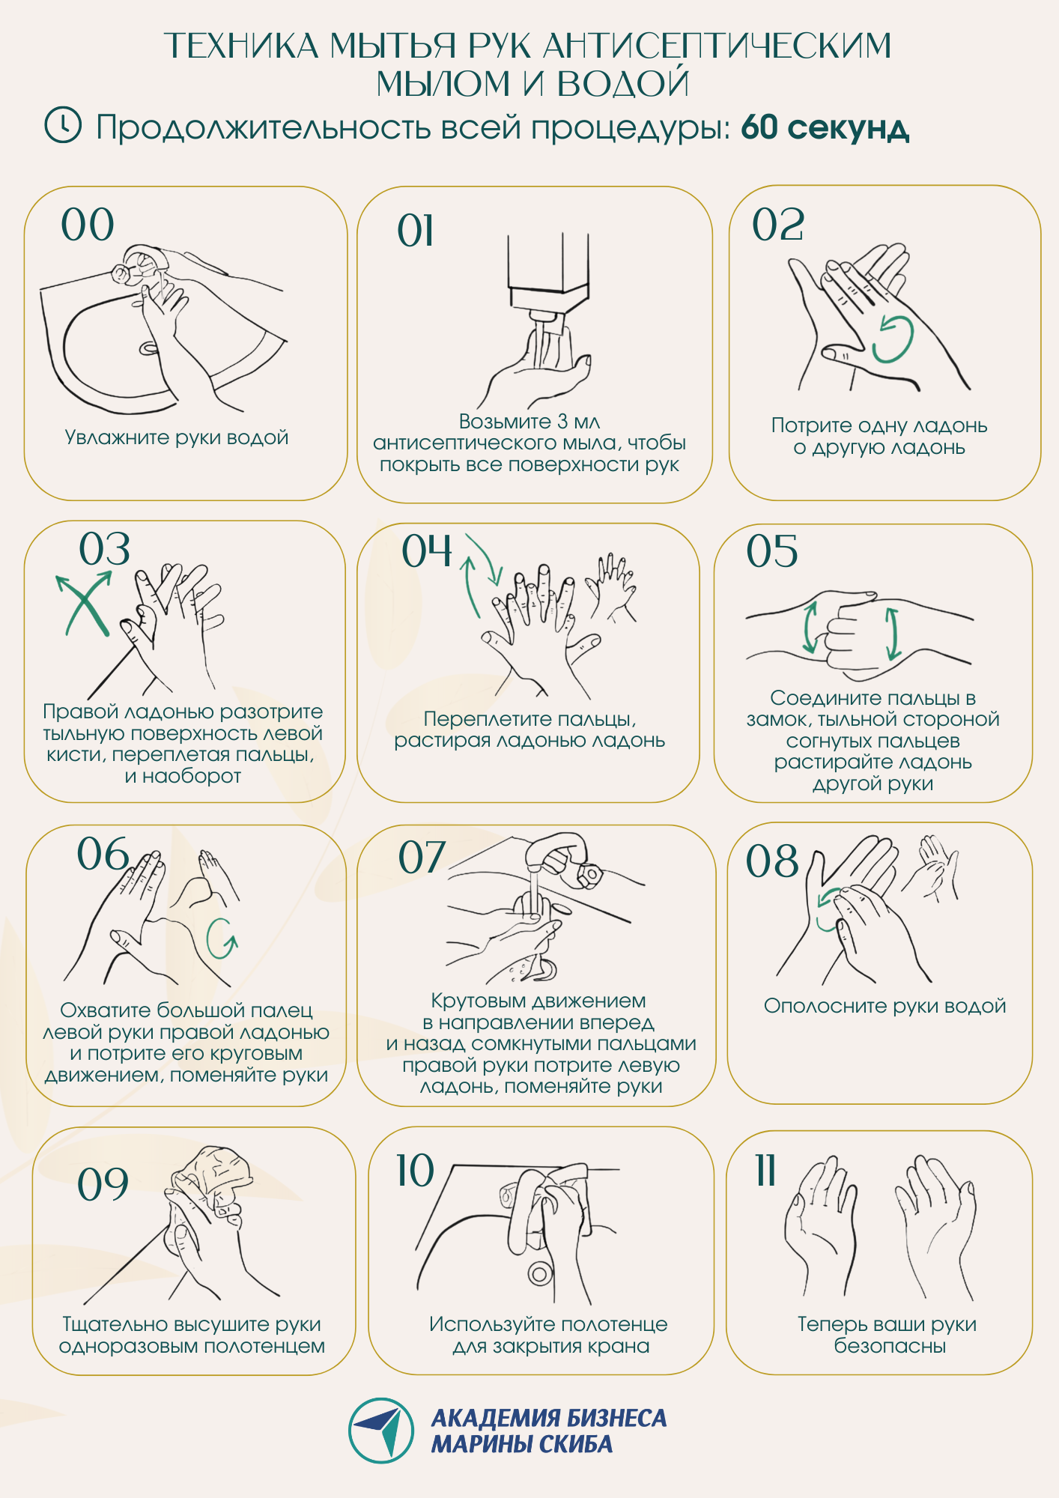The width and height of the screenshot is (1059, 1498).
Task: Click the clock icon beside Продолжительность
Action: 63,124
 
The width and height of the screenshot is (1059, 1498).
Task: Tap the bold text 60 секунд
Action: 825,128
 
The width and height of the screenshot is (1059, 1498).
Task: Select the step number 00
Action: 88,225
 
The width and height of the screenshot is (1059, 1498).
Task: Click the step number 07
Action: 422,857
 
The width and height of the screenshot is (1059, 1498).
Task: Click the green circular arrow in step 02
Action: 893,339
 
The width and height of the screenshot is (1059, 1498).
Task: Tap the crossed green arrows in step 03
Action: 83,604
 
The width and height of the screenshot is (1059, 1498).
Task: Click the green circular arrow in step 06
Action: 222,938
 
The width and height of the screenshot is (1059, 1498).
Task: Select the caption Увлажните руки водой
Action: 177,437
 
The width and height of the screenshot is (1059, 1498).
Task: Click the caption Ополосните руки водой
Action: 884,1006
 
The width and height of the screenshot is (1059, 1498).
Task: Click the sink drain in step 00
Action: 148,348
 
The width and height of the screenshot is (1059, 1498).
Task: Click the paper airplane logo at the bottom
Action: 382,1430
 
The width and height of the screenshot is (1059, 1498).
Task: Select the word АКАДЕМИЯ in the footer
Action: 496,1418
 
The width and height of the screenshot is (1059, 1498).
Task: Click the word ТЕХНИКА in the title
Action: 241,46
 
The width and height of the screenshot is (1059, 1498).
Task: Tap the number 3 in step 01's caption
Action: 563,422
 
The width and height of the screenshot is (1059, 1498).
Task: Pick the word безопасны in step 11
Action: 890,1346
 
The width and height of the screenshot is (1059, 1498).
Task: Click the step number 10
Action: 415,1170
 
